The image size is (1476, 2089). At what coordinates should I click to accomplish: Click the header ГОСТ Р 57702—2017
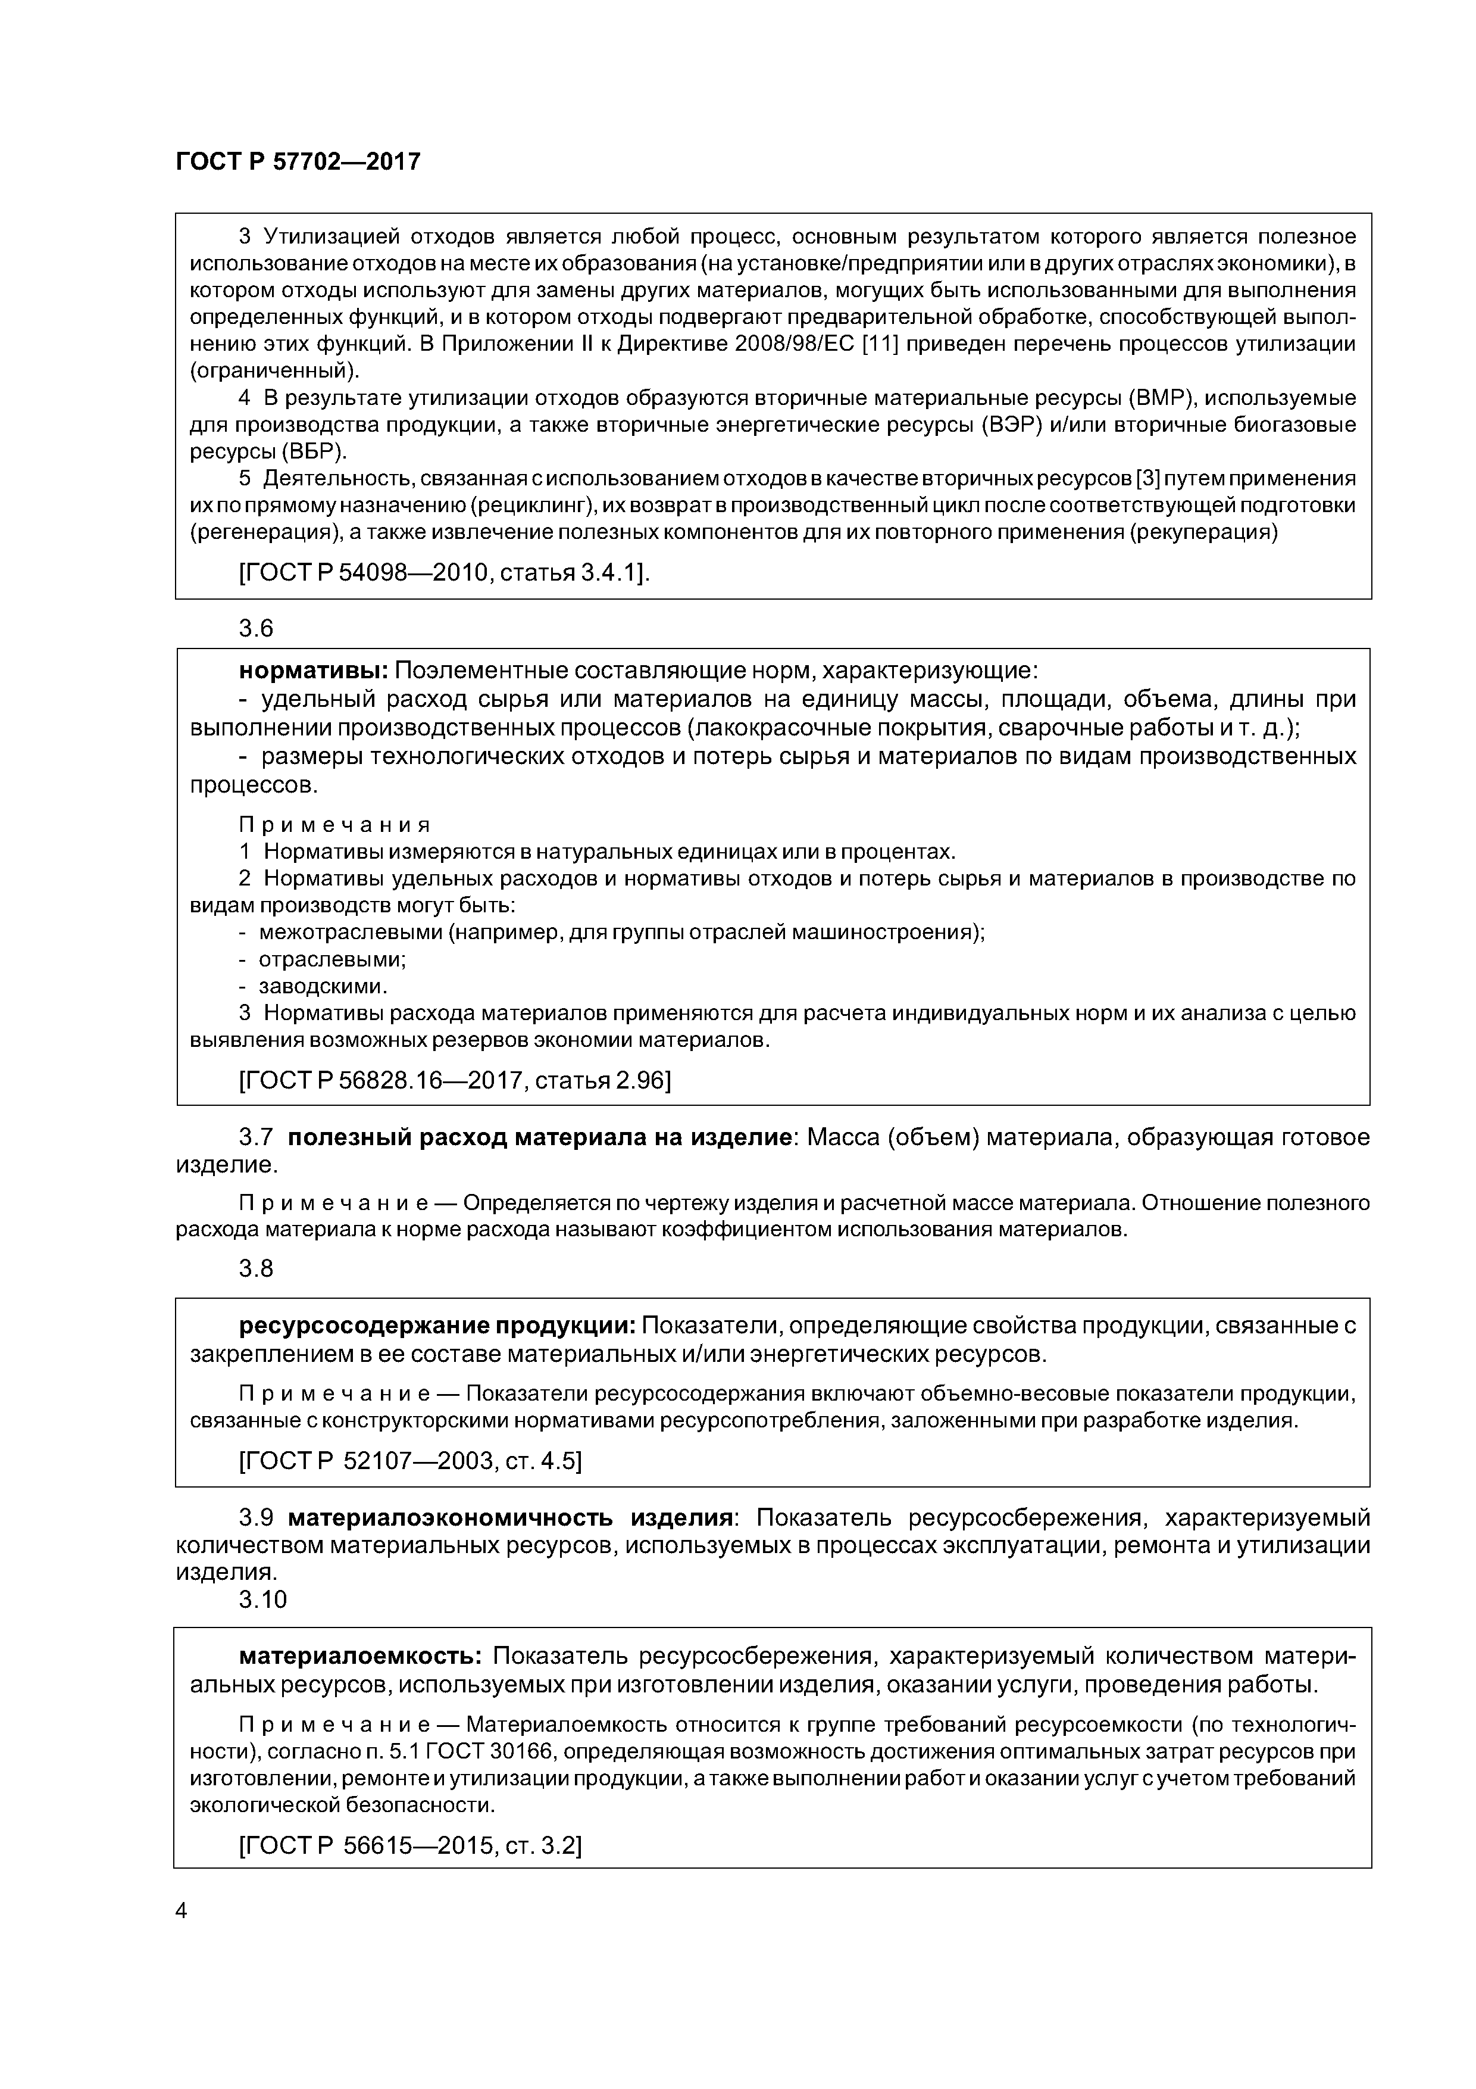298,162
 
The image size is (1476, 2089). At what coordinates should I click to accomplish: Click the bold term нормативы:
314,671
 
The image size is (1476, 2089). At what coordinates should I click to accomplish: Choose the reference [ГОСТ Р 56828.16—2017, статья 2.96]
455,1080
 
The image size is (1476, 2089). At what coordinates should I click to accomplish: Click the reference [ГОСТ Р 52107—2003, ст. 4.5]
410,1460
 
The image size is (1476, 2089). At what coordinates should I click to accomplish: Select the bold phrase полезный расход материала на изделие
537,1137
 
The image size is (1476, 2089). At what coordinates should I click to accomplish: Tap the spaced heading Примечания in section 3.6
334,824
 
